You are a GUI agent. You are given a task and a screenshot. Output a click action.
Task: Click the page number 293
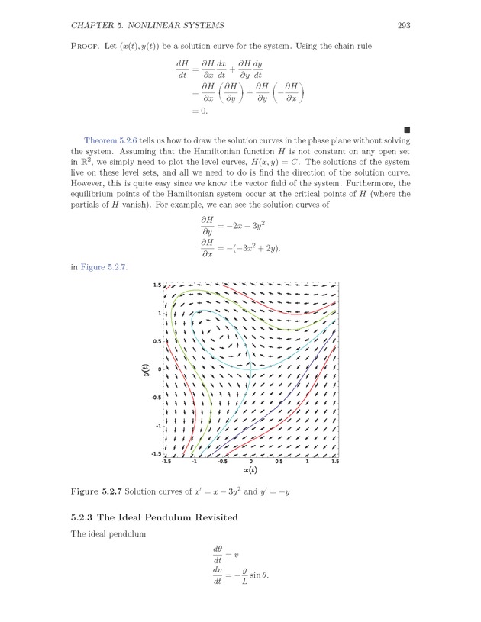405,26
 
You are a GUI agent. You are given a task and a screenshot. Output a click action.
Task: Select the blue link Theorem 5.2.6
110,141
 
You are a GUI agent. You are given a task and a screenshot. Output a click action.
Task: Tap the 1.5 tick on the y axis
157,285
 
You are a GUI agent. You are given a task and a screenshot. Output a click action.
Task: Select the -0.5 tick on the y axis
155,398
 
